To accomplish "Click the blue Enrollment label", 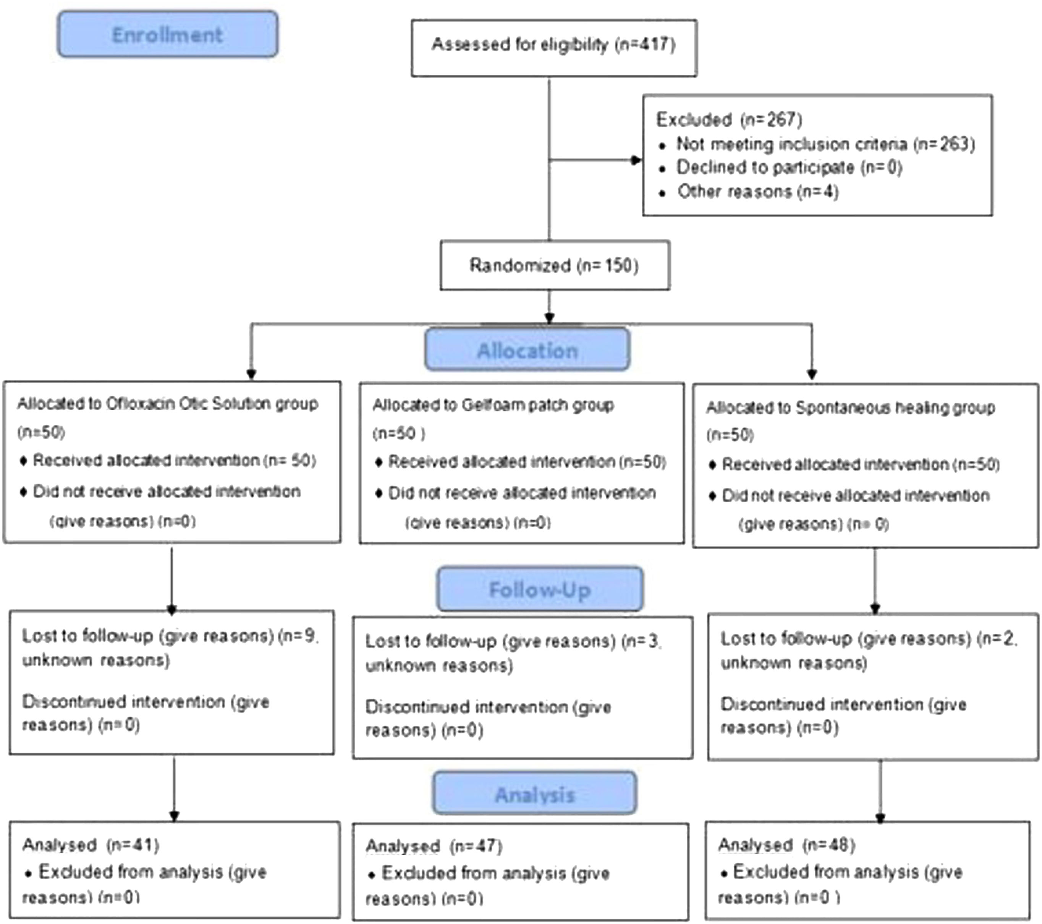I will pos(167,35).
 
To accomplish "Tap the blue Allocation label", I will pos(527,350).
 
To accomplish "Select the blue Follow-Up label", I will pos(540,589).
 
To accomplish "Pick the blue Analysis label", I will pos(535,794).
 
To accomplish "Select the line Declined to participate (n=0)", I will pos(789,168).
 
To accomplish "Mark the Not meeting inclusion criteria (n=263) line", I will pos(825,144).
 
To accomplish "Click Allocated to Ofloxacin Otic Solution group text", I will pos(167,404).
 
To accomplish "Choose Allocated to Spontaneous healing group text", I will pos(850,408).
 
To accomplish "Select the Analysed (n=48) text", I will pos(786,845).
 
